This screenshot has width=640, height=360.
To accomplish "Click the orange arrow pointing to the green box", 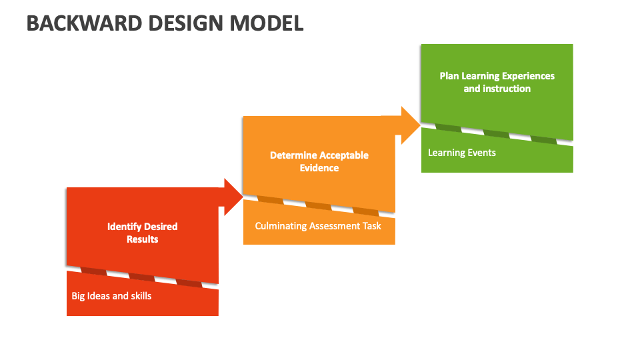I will [408, 125].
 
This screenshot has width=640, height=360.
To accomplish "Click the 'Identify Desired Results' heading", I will [143, 233].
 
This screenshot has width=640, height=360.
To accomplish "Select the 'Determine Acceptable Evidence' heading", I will [319, 161].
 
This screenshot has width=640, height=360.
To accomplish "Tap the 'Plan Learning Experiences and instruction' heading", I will [497, 82].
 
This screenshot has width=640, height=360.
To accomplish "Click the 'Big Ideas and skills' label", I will [111, 295].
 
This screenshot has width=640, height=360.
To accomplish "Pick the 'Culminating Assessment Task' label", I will [318, 226].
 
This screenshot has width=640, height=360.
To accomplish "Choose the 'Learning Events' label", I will [462, 153].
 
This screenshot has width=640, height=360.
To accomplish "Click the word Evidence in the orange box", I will [319, 168].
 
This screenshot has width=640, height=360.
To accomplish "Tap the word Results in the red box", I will [143, 239].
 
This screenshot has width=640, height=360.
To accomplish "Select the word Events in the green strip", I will [481, 153].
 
